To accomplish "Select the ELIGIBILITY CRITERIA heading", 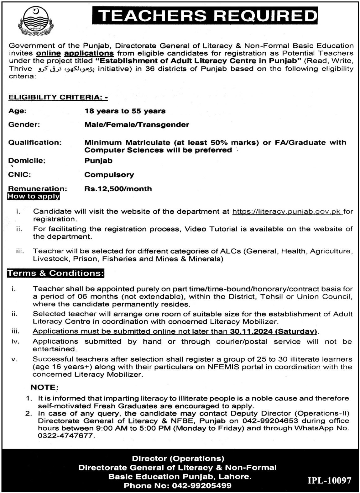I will [58, 98].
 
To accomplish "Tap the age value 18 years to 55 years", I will [125, 111].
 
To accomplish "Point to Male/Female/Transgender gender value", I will [137, 125].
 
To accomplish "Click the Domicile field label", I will [27, 161].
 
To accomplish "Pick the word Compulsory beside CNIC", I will [109, 175].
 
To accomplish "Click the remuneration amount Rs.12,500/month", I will [118, 189].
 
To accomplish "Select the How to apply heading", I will [34, 197].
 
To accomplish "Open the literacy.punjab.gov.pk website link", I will [287, 212].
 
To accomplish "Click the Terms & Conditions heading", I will [55, 273].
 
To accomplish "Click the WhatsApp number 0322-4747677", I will [66, 436].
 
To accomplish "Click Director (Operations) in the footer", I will [178, 459].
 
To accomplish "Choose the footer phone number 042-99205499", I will [201, 486].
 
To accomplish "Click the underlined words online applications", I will [75, 53].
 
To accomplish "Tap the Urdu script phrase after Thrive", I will [65, 69].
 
